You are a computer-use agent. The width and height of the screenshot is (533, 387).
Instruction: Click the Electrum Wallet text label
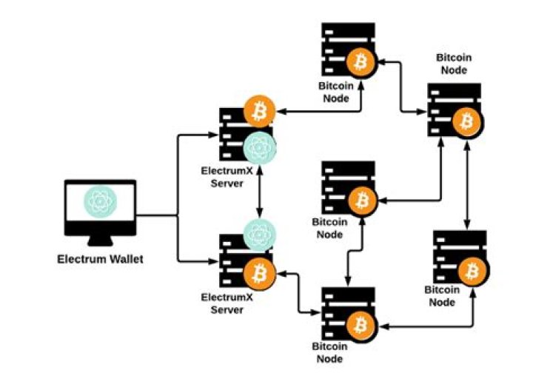point(101,260)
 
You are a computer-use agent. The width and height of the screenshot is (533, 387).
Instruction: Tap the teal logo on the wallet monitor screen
point(101,202)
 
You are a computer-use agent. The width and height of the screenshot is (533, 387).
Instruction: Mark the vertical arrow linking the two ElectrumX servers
point(259,190)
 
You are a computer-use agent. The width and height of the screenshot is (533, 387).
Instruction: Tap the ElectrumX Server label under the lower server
point(227,303)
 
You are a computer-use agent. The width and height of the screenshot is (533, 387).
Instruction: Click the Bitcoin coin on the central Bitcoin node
point(362,199)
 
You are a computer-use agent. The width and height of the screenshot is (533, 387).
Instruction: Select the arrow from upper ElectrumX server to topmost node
point(318,112)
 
